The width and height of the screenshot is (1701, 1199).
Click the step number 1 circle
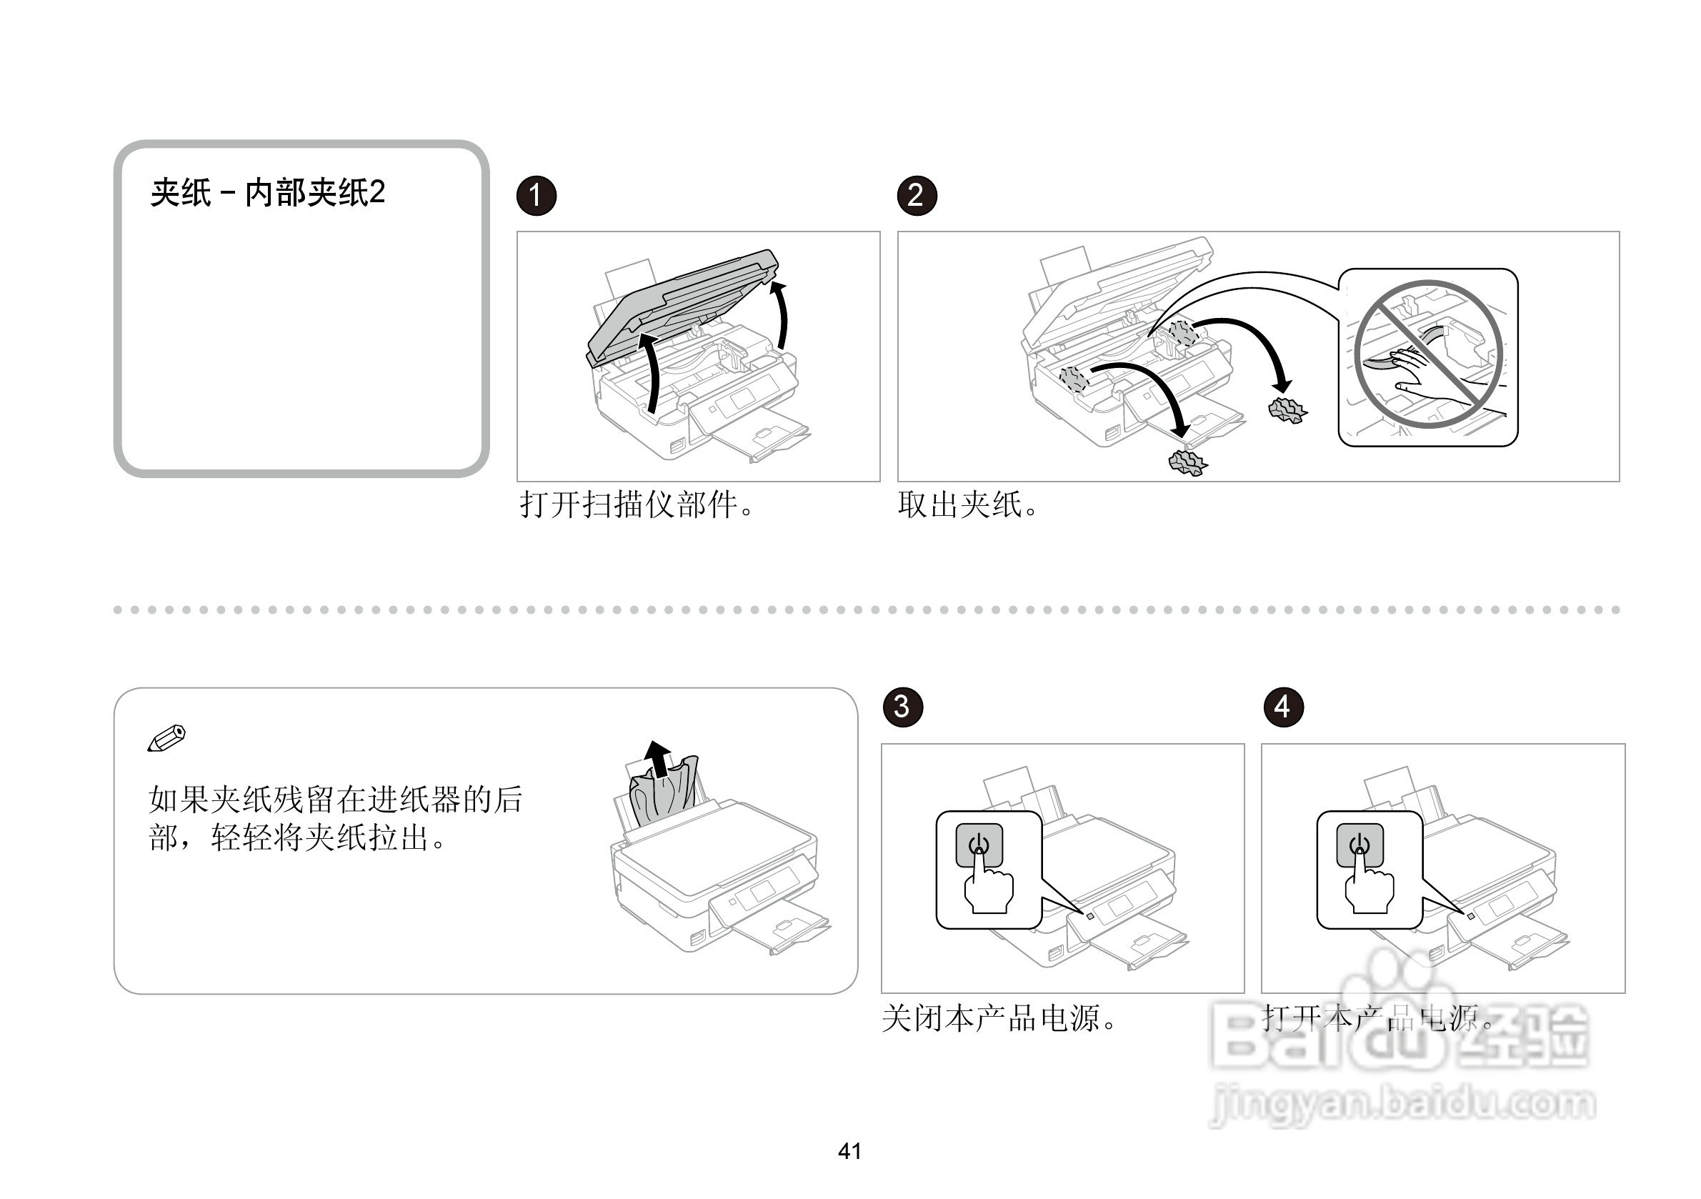click(x=536, y=196)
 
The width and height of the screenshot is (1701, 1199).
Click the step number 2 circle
click(x=917, y=196)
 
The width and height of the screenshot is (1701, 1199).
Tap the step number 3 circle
click(x=902, y=707)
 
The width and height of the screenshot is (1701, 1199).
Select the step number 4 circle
click(x=1283, y=707)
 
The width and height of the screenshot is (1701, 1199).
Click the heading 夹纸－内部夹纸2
click(x=267, y=193)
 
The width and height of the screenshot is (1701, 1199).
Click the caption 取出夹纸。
click(x=967, y=505)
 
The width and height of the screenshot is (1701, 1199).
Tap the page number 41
click(x=849, y=1152)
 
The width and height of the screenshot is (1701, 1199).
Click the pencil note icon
click(x=166, y=737)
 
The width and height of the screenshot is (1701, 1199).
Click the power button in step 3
click(x=979, y=842)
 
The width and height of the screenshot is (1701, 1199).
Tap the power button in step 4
click(x=1360, y=842)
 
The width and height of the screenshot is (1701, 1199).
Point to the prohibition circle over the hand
click(x=1427, y=354)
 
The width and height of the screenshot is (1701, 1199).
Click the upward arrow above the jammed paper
click(x=657, y=757)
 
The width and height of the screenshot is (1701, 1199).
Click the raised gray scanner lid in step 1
click(x=682, y=304)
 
